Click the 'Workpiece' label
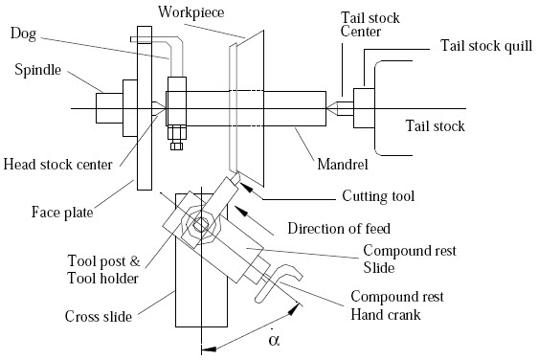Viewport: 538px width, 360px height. (193, 14)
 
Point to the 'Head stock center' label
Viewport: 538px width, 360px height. (57, 163)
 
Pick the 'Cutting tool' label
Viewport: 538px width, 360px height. (377, 196)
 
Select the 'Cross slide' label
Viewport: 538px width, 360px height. (98, 316)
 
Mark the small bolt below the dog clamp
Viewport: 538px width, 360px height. (176, 144)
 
